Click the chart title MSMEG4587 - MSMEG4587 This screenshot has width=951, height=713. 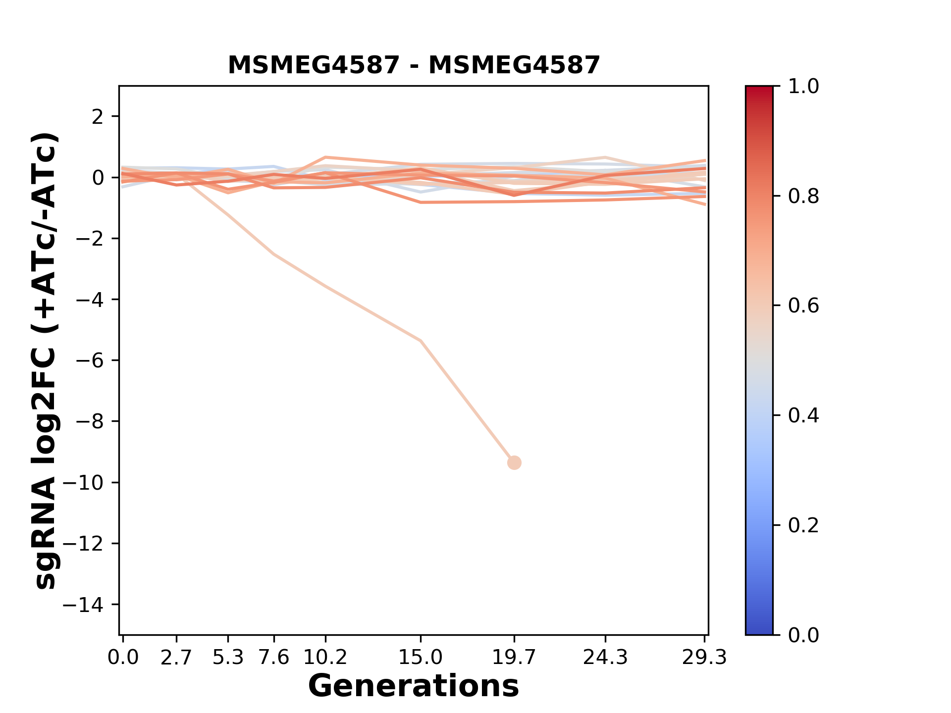[x=414, y=65]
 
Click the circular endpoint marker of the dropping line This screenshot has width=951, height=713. [x=514, y=463]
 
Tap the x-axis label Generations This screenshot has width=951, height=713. [x=414, y=686]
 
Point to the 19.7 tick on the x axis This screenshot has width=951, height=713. [x=514, y=658]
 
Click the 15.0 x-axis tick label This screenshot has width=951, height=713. [x=421, y=658]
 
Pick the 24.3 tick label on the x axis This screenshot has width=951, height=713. [x=605, y=658]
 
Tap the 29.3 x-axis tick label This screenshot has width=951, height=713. [x=704, y=658]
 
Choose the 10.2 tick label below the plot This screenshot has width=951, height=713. [x=325, y=658]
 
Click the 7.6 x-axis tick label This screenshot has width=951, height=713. [x=274, y=658]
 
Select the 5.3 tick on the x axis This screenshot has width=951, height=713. [x=228, y=658]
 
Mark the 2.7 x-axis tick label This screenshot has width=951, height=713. [x=176, y=658]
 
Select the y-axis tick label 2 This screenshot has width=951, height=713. [x=98, y=117]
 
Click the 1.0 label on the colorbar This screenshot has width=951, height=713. [x=803, y=87]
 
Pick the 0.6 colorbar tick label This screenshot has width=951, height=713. [x=803, y=306]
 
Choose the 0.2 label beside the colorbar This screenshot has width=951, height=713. [x=803, y=525]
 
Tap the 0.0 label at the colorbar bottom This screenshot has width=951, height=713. [x=803, y=635]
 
